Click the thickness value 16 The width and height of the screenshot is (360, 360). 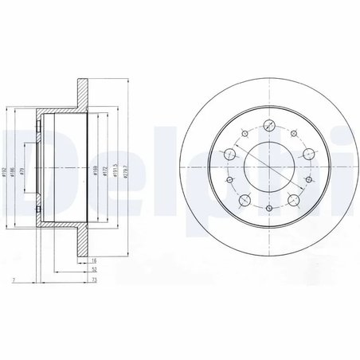93,260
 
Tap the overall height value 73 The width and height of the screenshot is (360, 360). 93,281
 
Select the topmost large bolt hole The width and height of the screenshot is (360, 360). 269,125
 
